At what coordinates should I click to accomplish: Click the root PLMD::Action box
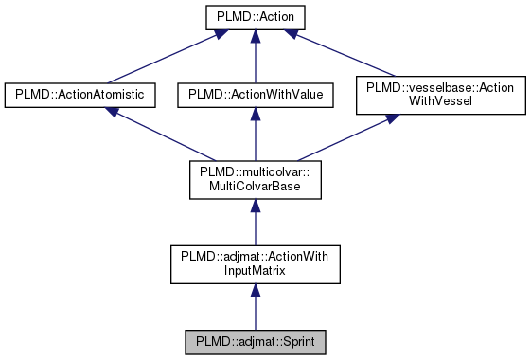253,17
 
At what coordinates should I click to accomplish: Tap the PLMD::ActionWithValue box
253,95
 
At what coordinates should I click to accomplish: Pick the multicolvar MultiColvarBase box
253,180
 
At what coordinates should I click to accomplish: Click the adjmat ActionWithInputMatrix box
253,264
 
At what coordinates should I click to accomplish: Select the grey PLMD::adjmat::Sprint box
253,340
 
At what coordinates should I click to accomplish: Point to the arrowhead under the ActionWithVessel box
392,121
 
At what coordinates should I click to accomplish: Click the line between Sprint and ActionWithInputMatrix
253,308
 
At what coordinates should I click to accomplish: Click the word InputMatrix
253,271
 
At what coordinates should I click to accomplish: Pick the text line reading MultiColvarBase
253,187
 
